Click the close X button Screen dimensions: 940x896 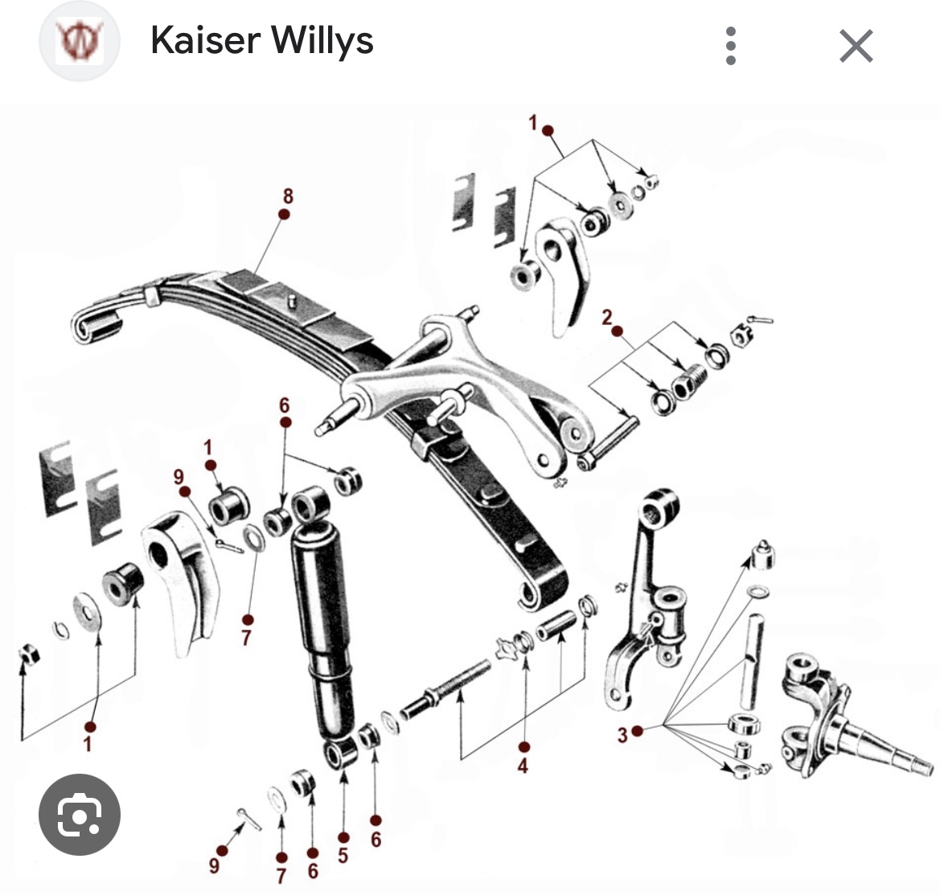click(x=856, y=46)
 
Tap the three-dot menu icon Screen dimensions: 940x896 click(x=730, y=46)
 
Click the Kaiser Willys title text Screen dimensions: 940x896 click(x=262, y=41)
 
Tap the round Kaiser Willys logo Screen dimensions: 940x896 click(x=80, y=41)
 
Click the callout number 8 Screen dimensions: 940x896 click(x=289, y=195)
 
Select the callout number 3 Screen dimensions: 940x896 click(x=622, y=734)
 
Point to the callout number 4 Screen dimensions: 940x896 click(x=523, y=765)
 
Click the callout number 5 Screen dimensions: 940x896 click(x=343, y=855)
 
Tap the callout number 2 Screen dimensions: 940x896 click(x=606, y=317)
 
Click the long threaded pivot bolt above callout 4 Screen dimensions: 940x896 click(x=444, y=689)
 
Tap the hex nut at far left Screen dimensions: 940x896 click(x=28, y=654)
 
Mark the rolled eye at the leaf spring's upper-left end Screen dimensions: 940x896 click(x=96, y=324)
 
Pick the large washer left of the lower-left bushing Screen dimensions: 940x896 click(x=88, y=613)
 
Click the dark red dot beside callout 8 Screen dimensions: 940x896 click(x=284, y=214)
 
